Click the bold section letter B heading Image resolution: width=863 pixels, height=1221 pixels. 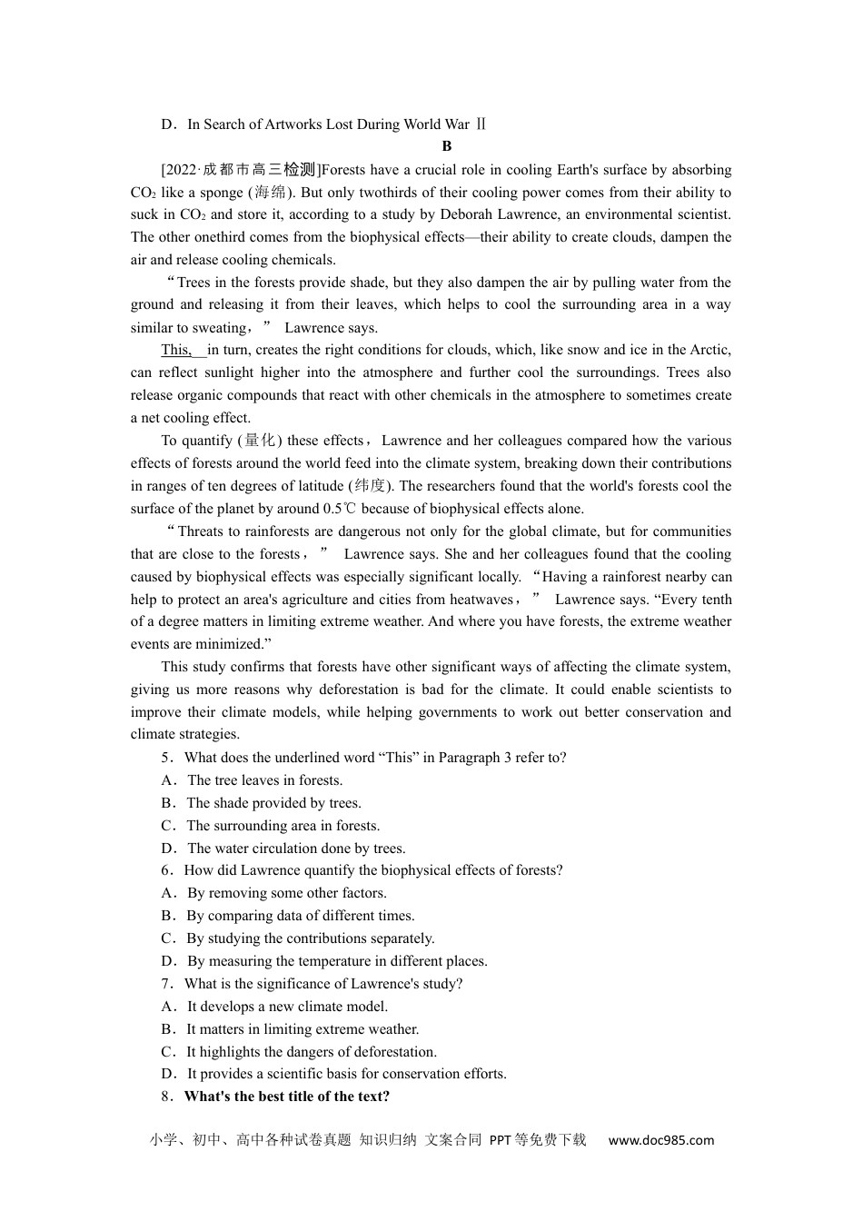(446, 146)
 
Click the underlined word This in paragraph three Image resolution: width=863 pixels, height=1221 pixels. (175, 350)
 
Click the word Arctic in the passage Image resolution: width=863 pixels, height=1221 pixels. (710, 350)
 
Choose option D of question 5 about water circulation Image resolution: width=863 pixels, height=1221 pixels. (296, 849)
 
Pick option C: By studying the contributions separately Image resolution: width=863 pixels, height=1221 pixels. (310, 938)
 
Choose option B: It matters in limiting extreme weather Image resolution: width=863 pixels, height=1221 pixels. (303, 1029)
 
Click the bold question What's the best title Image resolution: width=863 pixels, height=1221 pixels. (286, 1097)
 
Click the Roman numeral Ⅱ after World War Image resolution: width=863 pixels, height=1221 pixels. (481, 124)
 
